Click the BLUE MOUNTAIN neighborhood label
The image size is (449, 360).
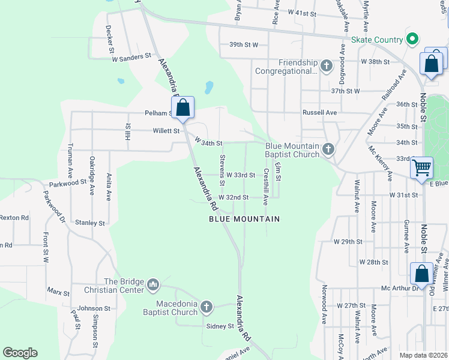click(x=244, y=219)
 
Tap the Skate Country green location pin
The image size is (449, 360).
click(x=412, y=40)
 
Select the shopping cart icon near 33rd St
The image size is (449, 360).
click(x=422, y=167)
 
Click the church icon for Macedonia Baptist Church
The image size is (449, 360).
click(x=206, y=308)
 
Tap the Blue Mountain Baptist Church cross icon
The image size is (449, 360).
click(x=328, y=149)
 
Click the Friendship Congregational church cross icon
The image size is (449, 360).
click(x=326, y=65)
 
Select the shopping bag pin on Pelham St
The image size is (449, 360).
click(x=184, y=109)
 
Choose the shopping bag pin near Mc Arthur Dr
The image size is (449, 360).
click(x=421, y=274)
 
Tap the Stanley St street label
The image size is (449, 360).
click(x=90, y=223)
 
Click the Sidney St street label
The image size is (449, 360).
click(x=220, y=326)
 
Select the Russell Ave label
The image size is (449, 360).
click(x=319, y=112)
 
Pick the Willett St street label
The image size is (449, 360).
click(x=165, y=130)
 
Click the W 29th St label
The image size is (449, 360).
click(x=348, y=241)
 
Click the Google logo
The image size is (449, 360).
click(x=20, y=353)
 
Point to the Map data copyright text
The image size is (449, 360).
click(x=423, y=355)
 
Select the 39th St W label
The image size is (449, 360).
click(x=243, y=44)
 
